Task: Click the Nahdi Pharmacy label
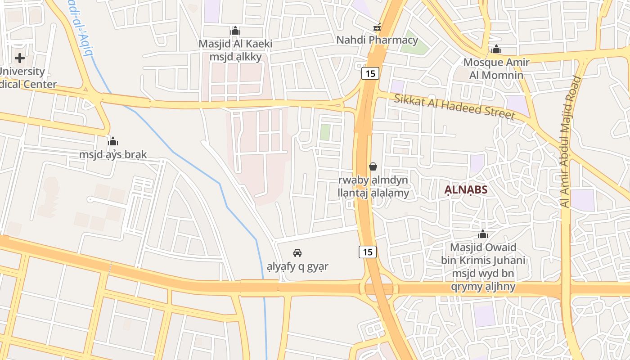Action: (377, 40)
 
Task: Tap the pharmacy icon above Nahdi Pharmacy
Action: (377, 27)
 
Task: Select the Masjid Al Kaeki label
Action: (235, 44)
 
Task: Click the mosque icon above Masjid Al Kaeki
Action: (235, 31)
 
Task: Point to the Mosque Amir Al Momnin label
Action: (496, 68)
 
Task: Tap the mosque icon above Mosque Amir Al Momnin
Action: (496, 49)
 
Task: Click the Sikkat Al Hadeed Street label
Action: (454, 107)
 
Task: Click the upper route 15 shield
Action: (370, 73)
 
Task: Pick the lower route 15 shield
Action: (368, 252)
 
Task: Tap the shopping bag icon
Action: (373, 166)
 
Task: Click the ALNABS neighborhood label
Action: (466, 190)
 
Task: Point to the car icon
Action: (297, 253)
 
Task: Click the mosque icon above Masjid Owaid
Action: (483, 234)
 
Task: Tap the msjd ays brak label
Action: (113, 155)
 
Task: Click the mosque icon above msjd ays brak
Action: (113, 141)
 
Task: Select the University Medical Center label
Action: (27, 78)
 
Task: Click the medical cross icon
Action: (20, 58)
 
